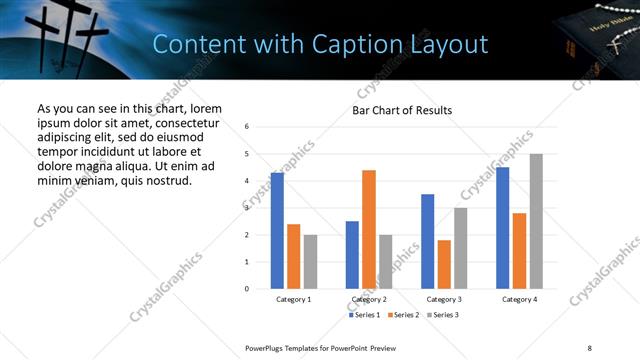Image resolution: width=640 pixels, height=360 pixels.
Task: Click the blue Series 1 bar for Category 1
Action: [x=277, y=231]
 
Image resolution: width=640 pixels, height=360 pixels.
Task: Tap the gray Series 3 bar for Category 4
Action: [x=536, y=221]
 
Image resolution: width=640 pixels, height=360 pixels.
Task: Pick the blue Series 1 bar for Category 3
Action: [x=427, y=241]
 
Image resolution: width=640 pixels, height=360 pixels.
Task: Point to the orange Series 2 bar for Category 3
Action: [x=444, y=264]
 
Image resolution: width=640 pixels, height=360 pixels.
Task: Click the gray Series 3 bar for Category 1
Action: [x=311, y=261]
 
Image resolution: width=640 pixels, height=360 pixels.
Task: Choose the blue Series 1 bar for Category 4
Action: [x=502, y=228]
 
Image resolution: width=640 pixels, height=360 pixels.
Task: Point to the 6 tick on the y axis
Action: [x=247, y=127]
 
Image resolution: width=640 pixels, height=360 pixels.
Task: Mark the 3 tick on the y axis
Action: [x=247, y=208]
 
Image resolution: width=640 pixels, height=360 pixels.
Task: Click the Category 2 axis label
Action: [x=369, y=299]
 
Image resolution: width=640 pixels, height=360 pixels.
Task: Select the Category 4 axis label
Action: [x=519, y=299]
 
